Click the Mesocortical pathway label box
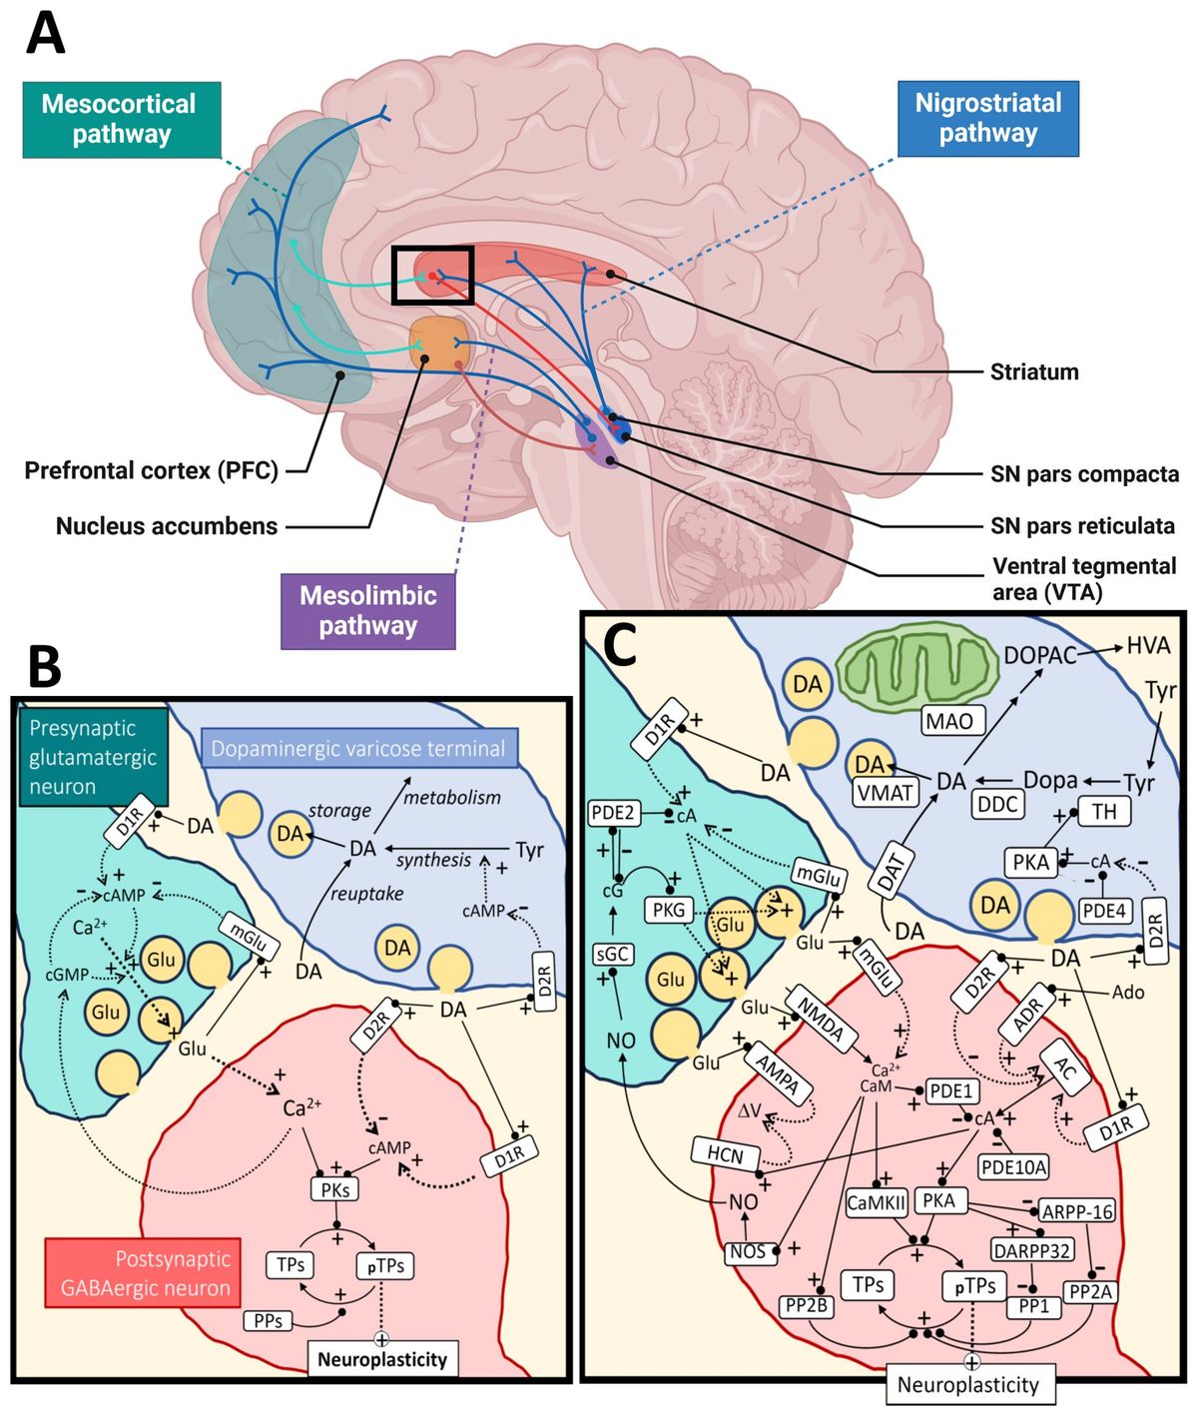click(x=121, y=120)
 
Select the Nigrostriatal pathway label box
click(x=987, y=119)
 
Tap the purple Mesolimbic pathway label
click(x=367, y=611)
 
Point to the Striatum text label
click(x=1033, y=372)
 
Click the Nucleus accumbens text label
click(x=167, y=526)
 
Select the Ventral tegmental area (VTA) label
click(x=1083, y=579)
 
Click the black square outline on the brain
click(x=432, y=275)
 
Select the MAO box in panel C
click(x=949, y=721)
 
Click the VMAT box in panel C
click(x=886, y=793)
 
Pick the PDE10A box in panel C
click(x=1013, y=1166)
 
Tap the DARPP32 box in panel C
click(x=1031, y=1249)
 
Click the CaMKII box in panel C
click(x=876, y=1203)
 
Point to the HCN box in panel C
click(x=725, y=1156)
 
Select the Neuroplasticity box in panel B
click(x=381, y=1359)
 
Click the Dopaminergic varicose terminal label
click(x=358, y=749)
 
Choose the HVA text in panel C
click(x=1147, y=646)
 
